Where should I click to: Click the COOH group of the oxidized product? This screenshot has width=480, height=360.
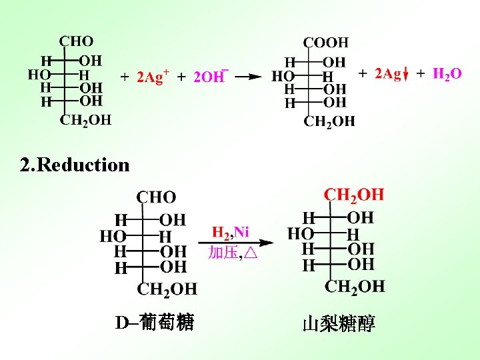(325, 42)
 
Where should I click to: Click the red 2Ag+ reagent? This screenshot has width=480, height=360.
(153, 77)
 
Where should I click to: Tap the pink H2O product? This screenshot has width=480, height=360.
(447, 74)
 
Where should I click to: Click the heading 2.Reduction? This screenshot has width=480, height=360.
(75, 165)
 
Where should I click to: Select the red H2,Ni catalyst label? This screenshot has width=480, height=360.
(230, 232)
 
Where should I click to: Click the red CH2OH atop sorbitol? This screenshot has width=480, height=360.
(353, 195)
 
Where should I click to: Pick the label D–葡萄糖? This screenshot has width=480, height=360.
(154, 323)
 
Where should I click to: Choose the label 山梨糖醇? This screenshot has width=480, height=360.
(339, 324)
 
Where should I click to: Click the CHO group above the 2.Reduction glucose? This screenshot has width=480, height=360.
(156, 197)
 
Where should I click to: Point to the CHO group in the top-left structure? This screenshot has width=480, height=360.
(76, 41)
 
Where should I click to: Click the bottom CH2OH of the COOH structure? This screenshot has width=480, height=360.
(329, 121)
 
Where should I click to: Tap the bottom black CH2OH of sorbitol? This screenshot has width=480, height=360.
(355, 287)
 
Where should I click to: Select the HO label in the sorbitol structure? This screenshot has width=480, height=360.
(300, 234)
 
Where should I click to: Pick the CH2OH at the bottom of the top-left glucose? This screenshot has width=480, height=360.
(85, 121)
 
